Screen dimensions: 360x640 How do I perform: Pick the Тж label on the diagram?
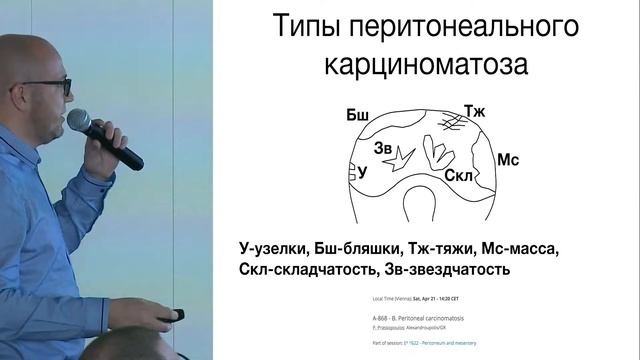pyautogui.click(x=474, y=111)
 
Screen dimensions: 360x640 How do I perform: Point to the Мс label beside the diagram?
pyautogui.click(x=509, y=160)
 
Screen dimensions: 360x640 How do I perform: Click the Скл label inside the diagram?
pyautogui.click(x=458, y=174)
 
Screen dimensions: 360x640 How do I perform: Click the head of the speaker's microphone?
pyautogui.click(x=78, y=120)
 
